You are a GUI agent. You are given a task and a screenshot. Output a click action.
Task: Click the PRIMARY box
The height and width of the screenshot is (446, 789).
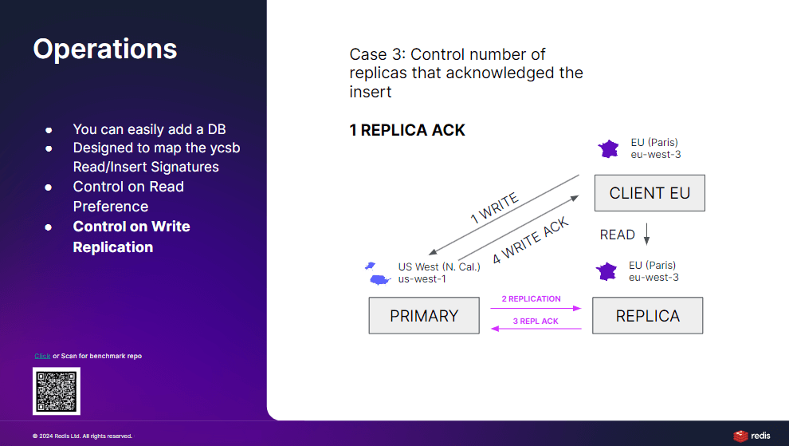pyautogui.click(x=424, y=315)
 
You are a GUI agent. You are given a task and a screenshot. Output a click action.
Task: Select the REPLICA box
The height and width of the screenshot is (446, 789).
pyautogui.click(x=648, y=315)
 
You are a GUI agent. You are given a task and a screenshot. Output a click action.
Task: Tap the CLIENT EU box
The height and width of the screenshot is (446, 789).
pyautogui.click(x=650, y=193)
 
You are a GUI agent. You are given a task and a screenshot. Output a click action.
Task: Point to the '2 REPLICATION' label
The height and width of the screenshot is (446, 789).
pyautogui.click(x=531, y=299)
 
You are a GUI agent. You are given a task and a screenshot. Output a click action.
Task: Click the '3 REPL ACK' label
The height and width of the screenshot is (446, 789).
pyautogui.click(x=536, y=321)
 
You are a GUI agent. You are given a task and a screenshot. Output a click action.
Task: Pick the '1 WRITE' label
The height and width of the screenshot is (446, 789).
pyautogui.click(x=494, y=207)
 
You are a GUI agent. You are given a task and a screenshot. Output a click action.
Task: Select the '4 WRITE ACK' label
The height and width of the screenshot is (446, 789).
pyautogui.click(x=530, y=240)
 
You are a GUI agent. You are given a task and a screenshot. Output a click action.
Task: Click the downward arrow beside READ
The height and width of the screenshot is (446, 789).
pyautogui.click(x=646, y=234)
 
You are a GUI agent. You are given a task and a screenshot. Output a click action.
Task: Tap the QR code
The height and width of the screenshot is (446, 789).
pyautogui.click(x=57, y=391)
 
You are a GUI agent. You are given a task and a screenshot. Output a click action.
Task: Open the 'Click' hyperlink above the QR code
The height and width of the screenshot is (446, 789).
pyautogui.click(x=42, y=356)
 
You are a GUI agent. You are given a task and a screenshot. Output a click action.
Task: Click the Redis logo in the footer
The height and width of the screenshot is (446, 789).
pyautogui.click(x=752, y=436)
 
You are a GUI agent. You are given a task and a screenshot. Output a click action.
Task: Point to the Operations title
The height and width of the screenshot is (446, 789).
pyautogui.click(x=105, y=49)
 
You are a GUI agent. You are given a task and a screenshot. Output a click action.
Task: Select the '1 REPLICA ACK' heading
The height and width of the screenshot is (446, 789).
pyautogui.click(x=407, y=130)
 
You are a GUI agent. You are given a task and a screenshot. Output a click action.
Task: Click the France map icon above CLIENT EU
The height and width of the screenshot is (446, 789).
pyautogui.click(x=608, y=149)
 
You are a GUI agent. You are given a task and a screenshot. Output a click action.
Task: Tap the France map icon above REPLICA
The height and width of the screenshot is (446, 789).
pyautogui.click(x=606, y=271)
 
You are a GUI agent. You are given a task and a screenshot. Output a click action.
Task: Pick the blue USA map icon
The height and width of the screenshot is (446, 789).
pyautogui.click(x=378, y=274)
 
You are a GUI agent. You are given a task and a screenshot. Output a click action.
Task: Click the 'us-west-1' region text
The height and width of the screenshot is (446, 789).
pyautogui.click(x=422, y=279)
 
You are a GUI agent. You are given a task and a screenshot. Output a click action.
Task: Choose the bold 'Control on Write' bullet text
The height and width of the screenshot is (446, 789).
pyautogui.click(x=131, y=227)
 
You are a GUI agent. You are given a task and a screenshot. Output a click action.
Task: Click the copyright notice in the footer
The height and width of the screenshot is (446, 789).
pyautogui.click(x=83, y=436)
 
